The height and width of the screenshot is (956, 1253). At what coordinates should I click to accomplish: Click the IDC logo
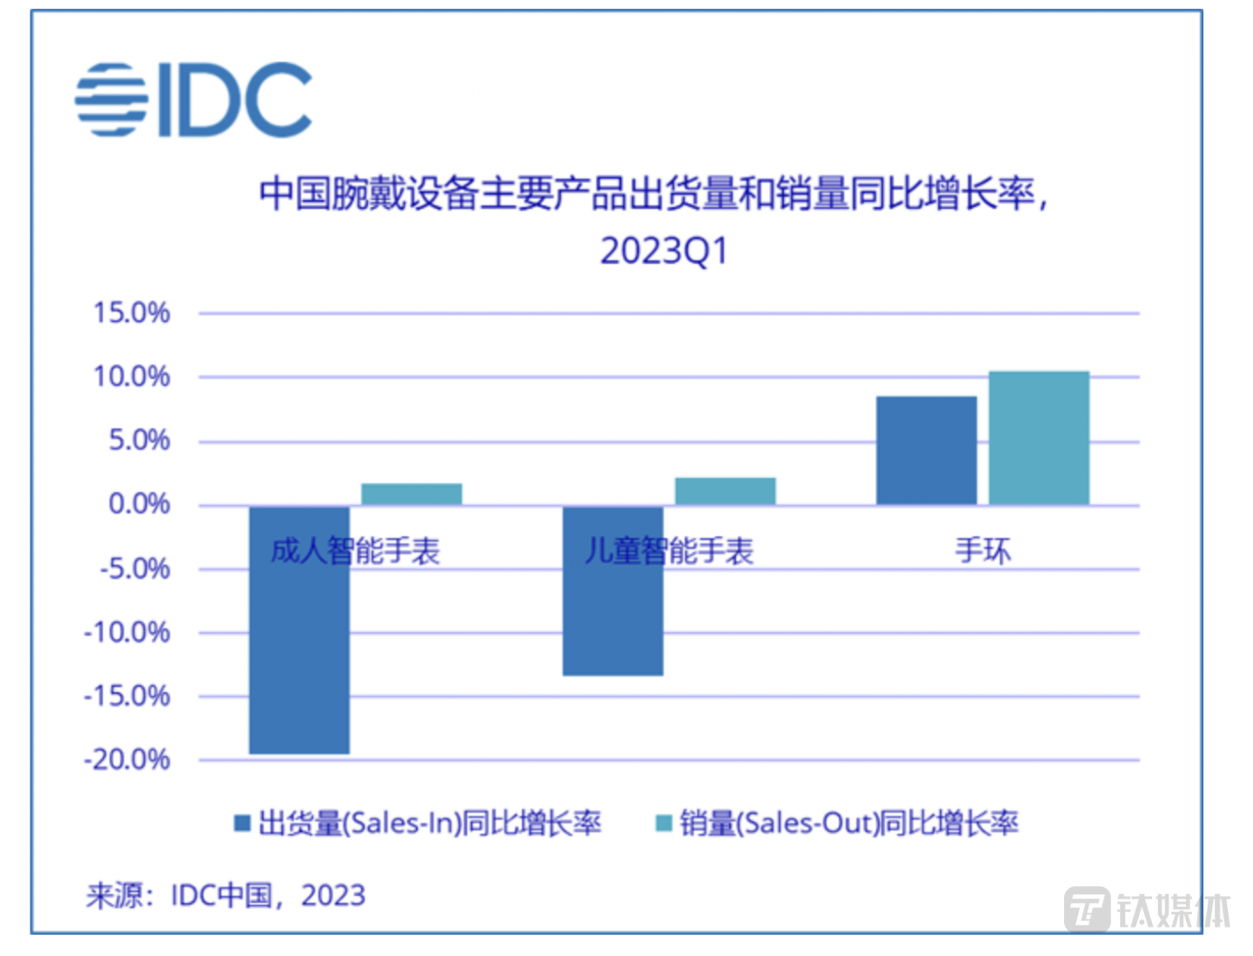(193, 99)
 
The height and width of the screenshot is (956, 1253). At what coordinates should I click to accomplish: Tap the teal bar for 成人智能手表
(412, 495)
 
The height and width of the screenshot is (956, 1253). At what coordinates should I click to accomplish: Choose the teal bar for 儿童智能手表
(725, 491)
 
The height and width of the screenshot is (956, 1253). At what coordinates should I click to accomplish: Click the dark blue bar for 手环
(926, 450)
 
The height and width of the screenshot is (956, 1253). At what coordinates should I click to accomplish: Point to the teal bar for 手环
(1039, 438)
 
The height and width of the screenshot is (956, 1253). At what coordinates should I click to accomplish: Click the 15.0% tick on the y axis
(131, 313)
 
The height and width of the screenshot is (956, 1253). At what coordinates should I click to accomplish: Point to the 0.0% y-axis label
(138, 503)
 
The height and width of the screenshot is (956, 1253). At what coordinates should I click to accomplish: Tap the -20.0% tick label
(127, 759)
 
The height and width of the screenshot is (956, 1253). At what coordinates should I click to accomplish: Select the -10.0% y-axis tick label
(127, 632)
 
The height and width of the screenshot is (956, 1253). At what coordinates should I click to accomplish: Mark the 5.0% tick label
(138, 440)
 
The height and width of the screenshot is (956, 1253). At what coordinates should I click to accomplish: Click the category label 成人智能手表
(355, 550)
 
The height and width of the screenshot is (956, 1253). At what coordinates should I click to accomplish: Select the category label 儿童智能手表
(668, 550)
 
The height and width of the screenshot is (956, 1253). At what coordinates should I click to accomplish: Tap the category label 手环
(983, 550)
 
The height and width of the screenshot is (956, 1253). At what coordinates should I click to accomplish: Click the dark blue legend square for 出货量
(243, 823)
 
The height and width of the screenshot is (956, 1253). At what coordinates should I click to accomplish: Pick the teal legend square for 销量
(664, 823)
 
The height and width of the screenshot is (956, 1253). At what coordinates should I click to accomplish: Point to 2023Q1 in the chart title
(663, 251)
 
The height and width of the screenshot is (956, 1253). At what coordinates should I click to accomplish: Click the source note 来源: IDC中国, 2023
(225, 895)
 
